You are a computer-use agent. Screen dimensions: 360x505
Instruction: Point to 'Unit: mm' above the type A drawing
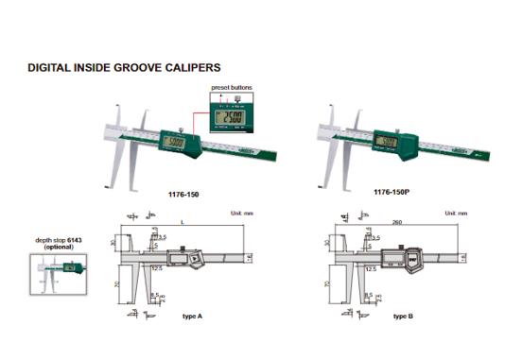(242, 213)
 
